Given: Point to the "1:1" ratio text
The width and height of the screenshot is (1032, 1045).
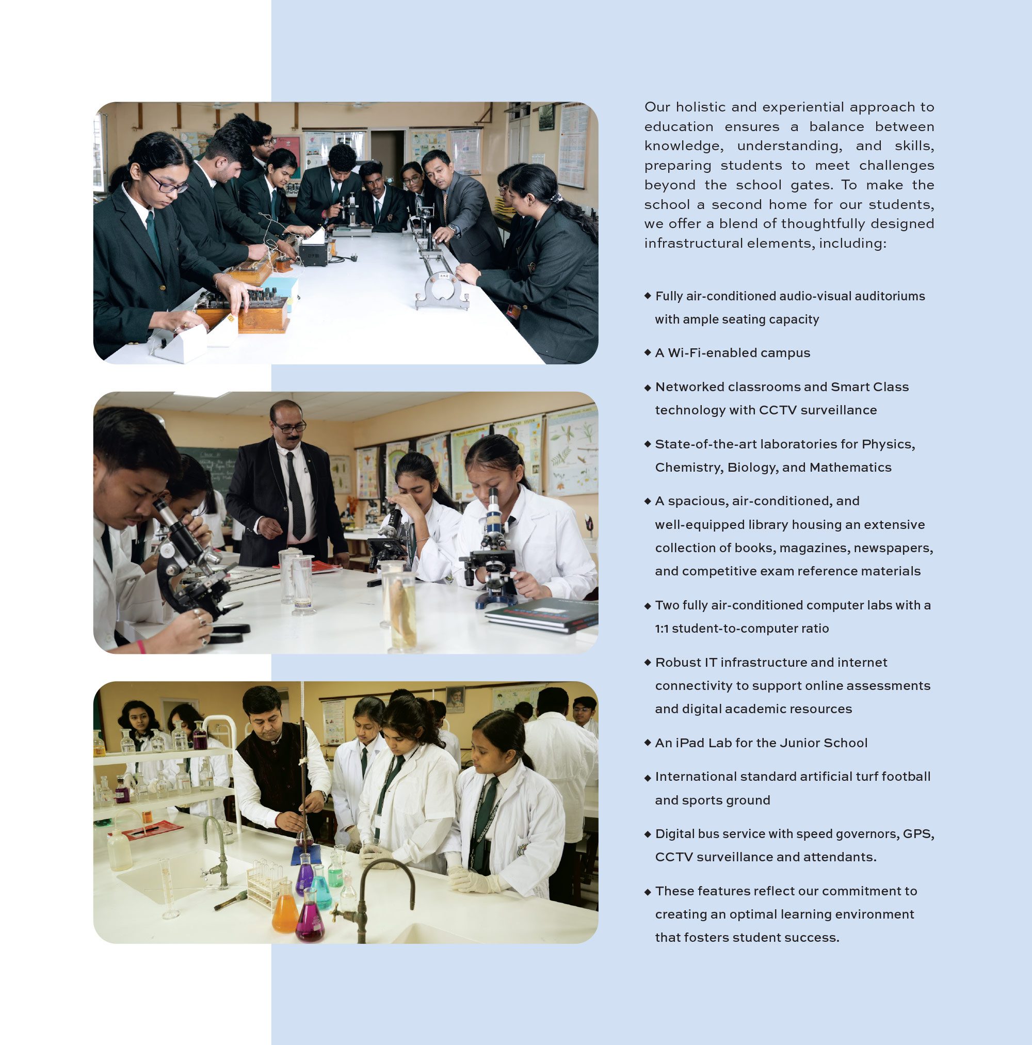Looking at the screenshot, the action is [662, 629].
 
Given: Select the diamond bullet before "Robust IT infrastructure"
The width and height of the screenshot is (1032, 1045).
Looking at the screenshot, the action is [648, 662].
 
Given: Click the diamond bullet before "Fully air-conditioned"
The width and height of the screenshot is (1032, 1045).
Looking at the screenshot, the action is [648, 295].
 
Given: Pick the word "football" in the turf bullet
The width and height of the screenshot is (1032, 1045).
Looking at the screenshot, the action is [906, 776].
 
